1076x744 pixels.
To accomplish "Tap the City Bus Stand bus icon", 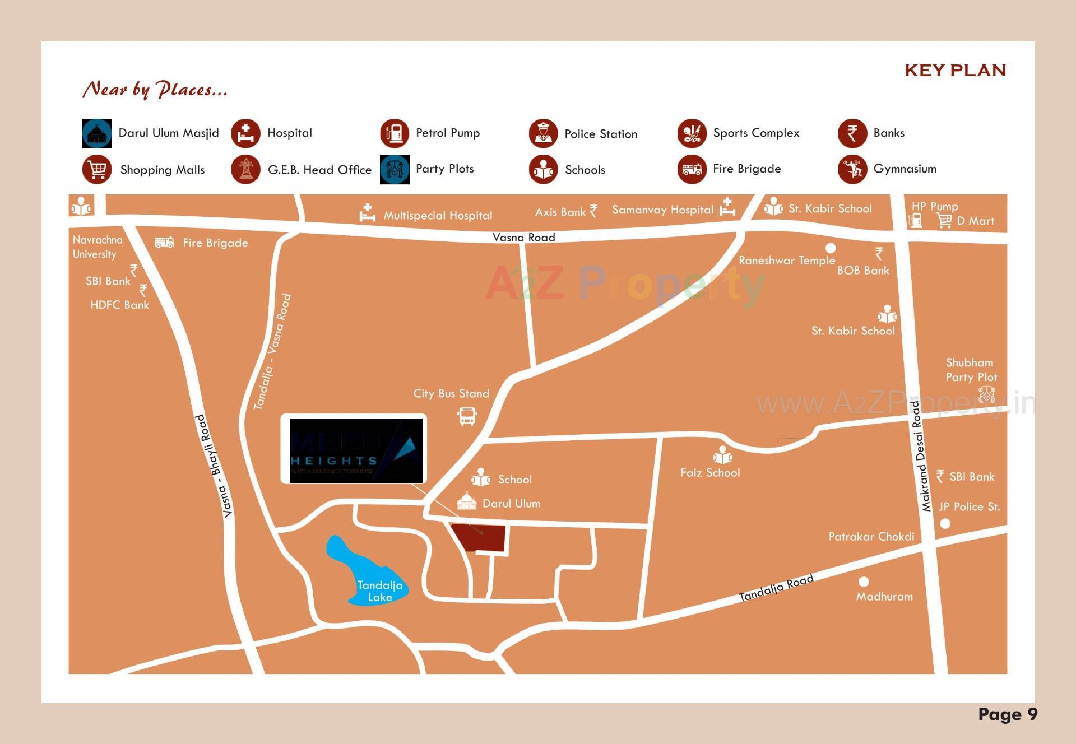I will pos(467,416).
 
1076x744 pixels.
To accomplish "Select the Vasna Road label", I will pos(523,238).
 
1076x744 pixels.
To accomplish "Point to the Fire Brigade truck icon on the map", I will pos(164,243).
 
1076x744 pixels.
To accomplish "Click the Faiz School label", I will pos(710,473).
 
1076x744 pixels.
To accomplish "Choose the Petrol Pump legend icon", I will pos(395,133).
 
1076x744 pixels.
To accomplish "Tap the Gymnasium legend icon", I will pos(852,169).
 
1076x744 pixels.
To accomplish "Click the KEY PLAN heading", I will pos(955,71).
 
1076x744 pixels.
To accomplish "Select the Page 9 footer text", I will pos(1008,714).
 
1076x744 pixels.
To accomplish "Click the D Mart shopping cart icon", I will pos(944,221).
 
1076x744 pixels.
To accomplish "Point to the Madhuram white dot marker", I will pos(864,582).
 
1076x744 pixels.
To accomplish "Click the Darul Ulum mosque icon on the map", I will pos(467,501).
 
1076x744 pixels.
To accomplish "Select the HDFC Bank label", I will pos(119,305).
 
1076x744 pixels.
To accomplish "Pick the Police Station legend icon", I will pos(543,133).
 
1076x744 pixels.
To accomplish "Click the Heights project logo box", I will pos(354,449).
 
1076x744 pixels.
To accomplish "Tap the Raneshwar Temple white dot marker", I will pos(831,248).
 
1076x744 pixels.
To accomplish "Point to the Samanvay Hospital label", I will pos(662,210).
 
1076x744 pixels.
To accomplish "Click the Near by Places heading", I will pos(155,89).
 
